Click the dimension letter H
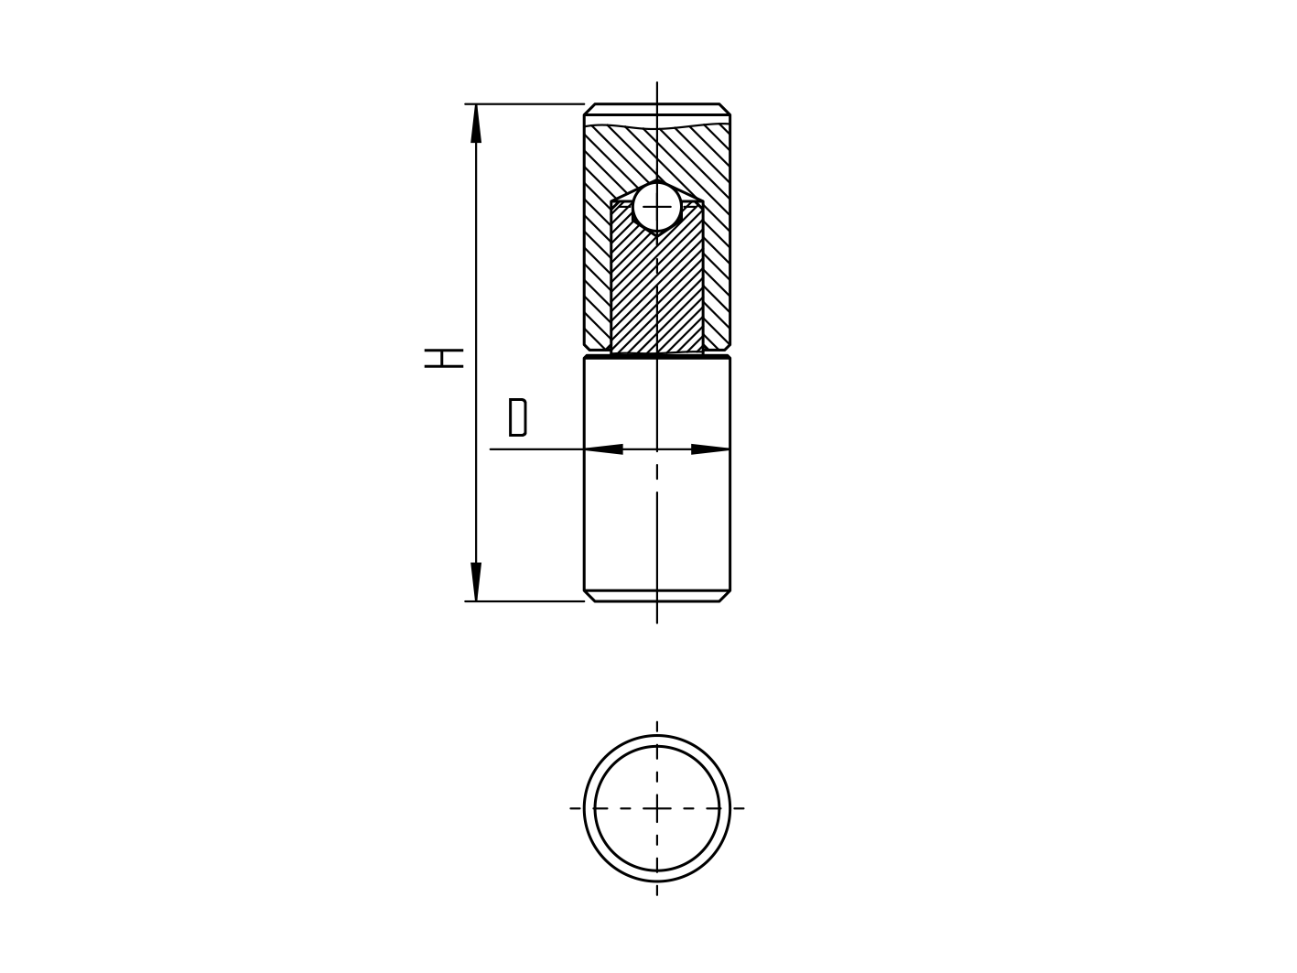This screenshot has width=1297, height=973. tap(445, 357)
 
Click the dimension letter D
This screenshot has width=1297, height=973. tap(517, 417)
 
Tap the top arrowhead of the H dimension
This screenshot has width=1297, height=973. tap(476, 123)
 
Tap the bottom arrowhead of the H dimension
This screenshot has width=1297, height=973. tap(476, 582)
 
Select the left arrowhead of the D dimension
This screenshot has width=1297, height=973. tap(604, 449)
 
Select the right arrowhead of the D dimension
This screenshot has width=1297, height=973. tap(710, 449)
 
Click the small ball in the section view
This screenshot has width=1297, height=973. tap(656, 207)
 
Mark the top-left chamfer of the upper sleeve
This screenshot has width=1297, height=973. tap(590, 109)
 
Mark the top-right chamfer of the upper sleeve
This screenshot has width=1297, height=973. tap(724, 109)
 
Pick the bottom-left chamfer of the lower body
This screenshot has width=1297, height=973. tap(590, 596)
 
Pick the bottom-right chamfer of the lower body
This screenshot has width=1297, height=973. tap(724, 596)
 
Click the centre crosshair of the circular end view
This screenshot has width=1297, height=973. tap(656, 808)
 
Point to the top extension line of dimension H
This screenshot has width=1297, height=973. tap(526, 104)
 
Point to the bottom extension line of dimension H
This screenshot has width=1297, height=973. tap(526, 601)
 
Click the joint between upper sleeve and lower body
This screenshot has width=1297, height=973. tap(656, 354)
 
